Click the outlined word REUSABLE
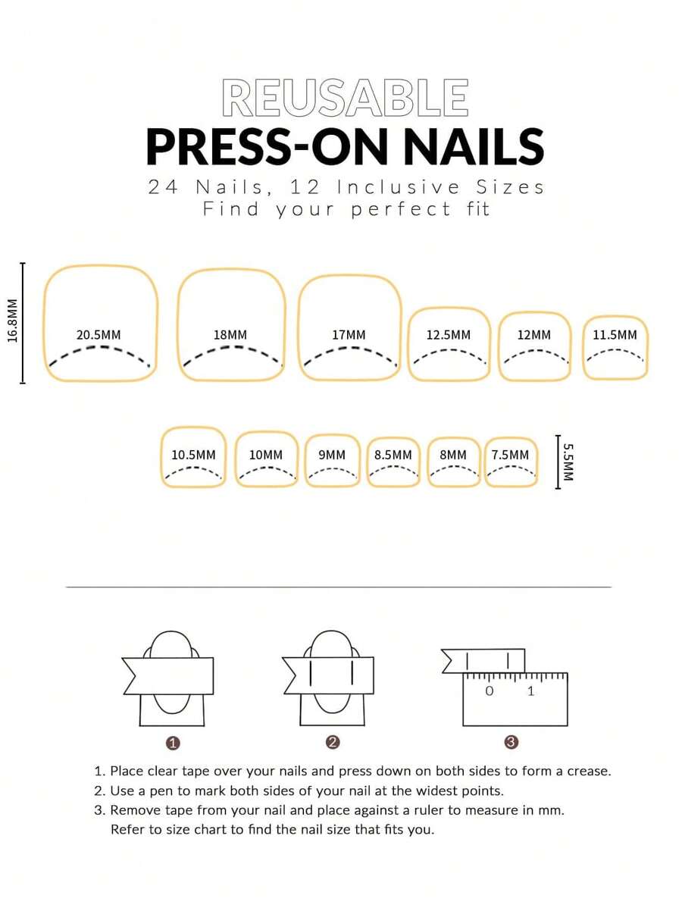pyautogui.click(x=345, y=99)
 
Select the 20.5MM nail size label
pyautogui.click(x=99, y=335)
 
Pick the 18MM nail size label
pyautogui.click(x=230, y=335)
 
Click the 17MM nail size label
pyautogui.click(x=349, y=335)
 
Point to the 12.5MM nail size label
pyautogui.click(x=448, y=335)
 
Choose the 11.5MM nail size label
pyautogui.click(x=615, y=335)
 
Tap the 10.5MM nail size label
pyautogui.click(x=193, y=456)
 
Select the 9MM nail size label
pyautogui.click(x=332, y=456)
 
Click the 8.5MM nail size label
pyautogui.click(x=393, y=456)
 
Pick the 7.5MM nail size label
pyautogui.click(x=510, y=456)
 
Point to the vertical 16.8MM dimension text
pyautogui.click(x=13, y=321)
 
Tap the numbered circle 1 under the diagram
pyautogui.click(x=173, y=743)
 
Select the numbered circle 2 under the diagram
pyautogui.click(x=332, y=743)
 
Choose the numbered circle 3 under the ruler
pyautogui.click(x=511, y=743)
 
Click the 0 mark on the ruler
pyautogui.click(x=489, y=691)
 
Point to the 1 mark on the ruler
pyautogui.click(x=530, y=691)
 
